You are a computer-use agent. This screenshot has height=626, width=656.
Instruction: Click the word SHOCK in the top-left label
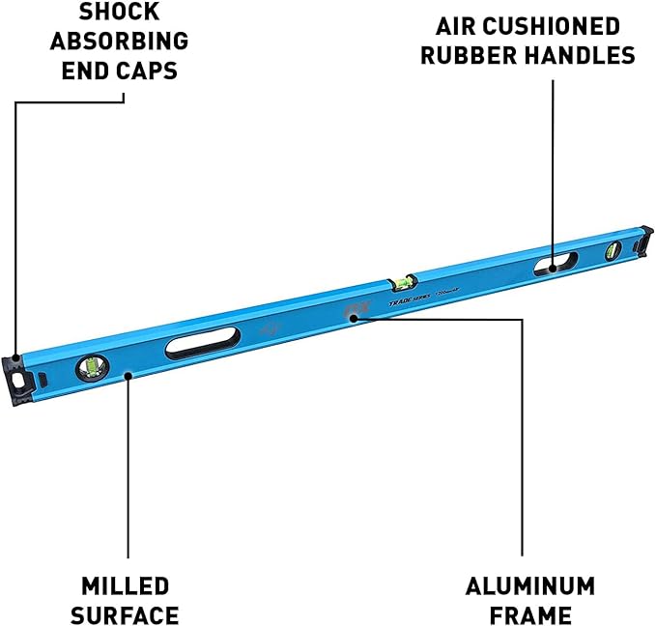point(120,14)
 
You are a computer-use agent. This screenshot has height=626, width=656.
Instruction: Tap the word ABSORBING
point(120,43)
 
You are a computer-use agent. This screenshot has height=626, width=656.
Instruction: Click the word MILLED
point(126,585)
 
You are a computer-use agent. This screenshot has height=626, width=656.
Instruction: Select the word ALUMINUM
point(530,585)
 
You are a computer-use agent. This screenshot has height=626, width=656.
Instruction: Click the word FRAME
point(530,615)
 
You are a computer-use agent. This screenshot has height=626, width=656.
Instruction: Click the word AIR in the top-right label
point(455,25)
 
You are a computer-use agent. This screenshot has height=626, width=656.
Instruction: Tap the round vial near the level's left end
point(93,367)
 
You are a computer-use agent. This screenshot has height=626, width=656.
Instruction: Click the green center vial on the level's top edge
point(402,281)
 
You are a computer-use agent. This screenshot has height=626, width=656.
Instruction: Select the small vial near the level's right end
point(612,252)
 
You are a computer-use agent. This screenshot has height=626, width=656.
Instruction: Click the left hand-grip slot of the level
point(203,343)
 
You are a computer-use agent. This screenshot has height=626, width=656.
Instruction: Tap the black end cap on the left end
point(20,377)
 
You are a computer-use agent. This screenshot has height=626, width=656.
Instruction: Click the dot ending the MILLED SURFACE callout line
point(128,378)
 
